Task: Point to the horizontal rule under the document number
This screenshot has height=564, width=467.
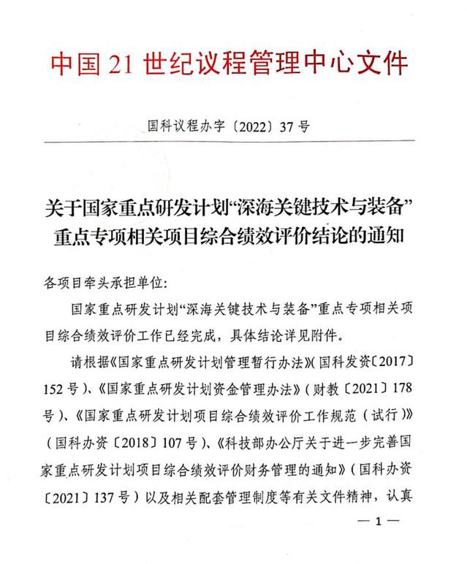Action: (233, 142)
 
